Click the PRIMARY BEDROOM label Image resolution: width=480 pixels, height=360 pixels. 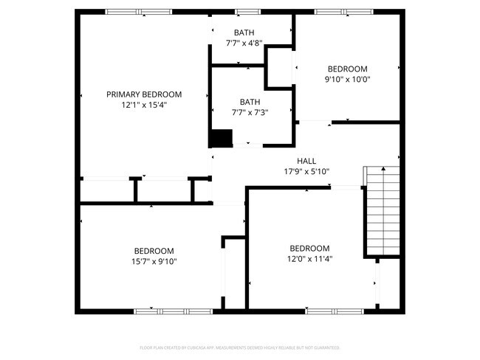tap(144, 94)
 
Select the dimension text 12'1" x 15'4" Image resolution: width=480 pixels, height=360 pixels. tap(144, 105)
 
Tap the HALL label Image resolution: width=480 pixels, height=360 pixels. tap(306, 161)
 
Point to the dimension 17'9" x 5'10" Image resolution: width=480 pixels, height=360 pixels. tap(306, 171)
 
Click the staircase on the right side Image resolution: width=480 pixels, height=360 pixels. tap(382, 211)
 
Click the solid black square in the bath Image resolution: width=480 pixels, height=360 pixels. tap(221, 138)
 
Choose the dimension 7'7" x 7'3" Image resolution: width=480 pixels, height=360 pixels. tap(253, 112)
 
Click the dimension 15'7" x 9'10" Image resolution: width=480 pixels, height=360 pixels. tap(154, 260)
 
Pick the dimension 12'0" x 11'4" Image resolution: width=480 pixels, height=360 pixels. tap(309, 258)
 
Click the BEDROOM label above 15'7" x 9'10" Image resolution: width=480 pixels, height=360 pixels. tap(154, 250)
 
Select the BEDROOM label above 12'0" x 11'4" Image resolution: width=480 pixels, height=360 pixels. tap(309, 248)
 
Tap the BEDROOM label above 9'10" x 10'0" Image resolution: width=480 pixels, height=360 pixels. tap(347, 69)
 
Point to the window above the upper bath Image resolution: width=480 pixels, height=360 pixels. tap(247, 12)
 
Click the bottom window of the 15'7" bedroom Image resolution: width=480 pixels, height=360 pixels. tap(172, 311)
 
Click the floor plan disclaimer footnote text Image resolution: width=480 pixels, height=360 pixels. tap(239, 347)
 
